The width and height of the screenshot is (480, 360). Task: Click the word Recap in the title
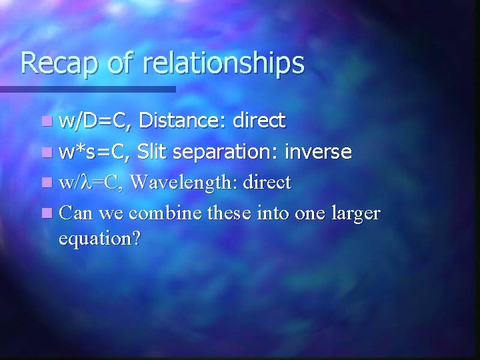click(57, 63)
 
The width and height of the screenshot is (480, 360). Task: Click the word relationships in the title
click(223, 63)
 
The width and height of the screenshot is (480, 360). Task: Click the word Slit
click(154, 152)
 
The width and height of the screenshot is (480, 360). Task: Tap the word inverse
click(318, 152)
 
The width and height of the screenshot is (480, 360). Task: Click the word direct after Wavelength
click(267, 183)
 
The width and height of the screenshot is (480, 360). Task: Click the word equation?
click(99, 239)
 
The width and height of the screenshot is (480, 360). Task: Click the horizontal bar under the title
click(87, 89)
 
